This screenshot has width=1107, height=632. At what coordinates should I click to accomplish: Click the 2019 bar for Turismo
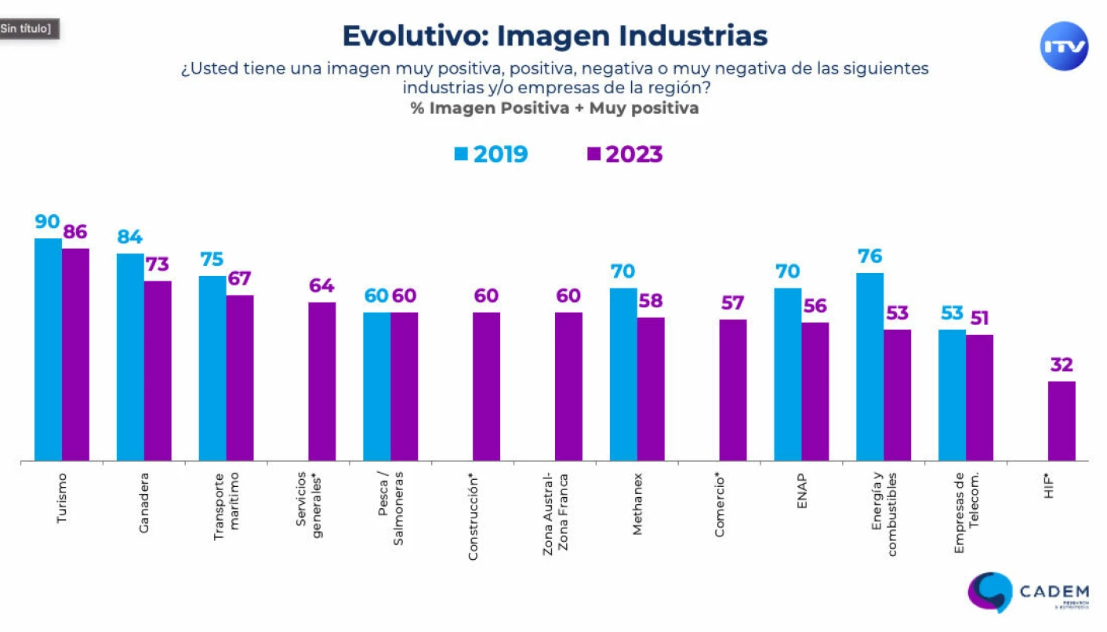tap(48, 350)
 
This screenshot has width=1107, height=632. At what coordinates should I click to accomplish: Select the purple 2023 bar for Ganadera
tap(158, 371)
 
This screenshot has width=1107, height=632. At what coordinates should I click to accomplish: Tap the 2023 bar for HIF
tap(1062, 421)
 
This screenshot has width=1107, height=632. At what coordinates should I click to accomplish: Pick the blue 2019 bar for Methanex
tap(623, 375)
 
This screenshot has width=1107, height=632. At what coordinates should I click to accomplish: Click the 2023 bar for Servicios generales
tap(321, 382)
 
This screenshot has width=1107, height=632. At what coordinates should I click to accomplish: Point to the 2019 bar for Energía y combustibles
tap(869, 367)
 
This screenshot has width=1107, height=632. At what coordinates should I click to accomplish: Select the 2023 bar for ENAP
tap(815, 391)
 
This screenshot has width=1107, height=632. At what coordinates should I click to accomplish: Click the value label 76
tap(869, 256)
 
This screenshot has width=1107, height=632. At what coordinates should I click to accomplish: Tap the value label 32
tap(1062, 365)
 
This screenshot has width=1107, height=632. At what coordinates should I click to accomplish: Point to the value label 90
tap(48, 222)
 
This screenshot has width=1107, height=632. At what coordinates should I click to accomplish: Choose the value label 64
tap(321, 285)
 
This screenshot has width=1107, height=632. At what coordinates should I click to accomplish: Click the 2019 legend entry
tap(492, 154)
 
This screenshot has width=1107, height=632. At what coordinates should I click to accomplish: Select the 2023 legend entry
tap(625, 154)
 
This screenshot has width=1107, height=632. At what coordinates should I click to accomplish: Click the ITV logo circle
tap(1065, 46)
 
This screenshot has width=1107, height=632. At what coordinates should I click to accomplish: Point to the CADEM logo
tap(1028, 593)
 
